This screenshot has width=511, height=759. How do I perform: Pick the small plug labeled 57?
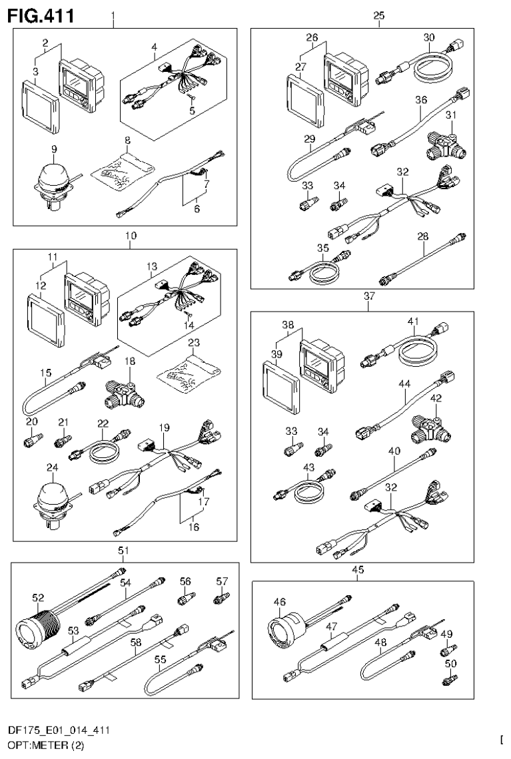(x=218, y=599)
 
